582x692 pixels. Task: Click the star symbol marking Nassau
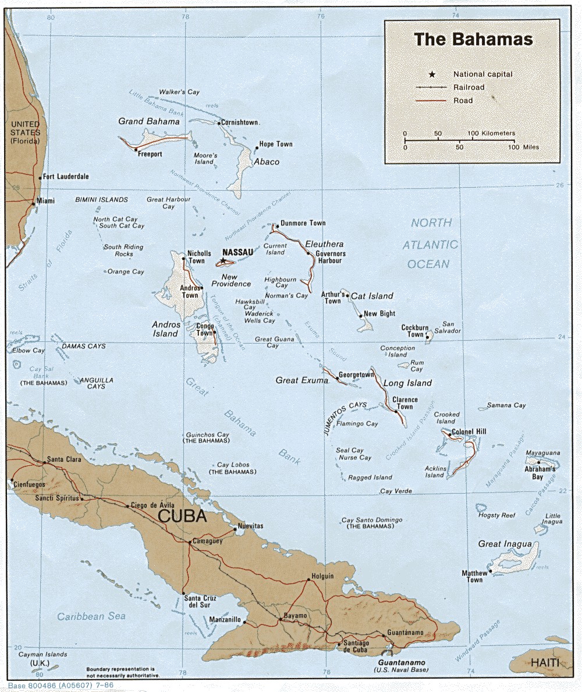(222, 261)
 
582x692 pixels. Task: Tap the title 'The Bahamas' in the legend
(473, 40)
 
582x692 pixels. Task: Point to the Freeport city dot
(136, 149)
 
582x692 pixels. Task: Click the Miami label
(45, 201)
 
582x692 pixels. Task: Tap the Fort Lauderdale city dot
(40, 177)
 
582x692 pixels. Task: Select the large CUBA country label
(182, 516)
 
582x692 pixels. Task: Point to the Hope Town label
(276, 144)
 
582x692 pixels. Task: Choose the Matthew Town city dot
(491, 571)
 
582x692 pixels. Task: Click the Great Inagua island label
(505, 544)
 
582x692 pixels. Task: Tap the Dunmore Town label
(303, 223)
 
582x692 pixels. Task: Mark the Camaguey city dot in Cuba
(190, 543)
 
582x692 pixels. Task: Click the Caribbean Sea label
(91, 616)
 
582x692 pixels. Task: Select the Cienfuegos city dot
(12, 480)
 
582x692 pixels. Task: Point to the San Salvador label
(452, 327)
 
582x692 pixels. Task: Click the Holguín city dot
(308, 580)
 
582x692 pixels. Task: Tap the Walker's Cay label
(180, 92)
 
